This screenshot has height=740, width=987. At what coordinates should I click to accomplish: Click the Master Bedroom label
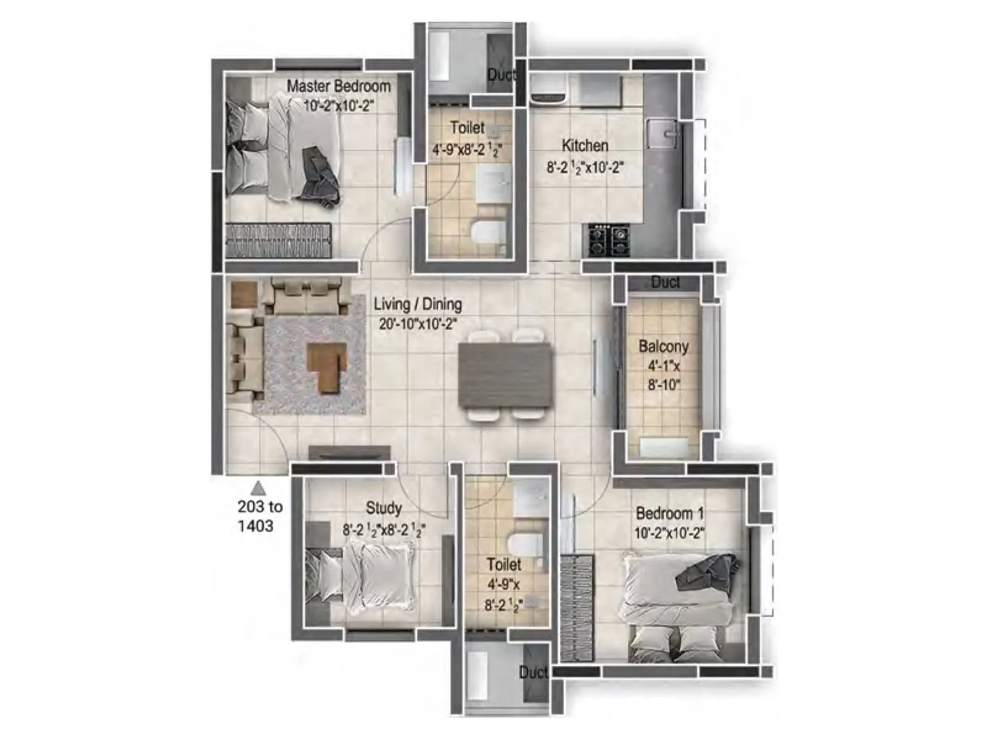(338, 86)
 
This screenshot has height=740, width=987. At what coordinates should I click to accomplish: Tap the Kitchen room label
(585, 146)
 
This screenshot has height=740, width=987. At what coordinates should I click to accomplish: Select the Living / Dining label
(418, 304)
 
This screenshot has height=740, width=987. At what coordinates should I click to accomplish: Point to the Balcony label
(663, 346)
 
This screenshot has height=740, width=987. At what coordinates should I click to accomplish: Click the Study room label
(384, 508)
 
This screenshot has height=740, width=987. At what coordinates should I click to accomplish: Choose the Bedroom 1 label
(669, 513)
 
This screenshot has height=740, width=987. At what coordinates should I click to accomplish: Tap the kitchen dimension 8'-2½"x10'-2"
(585, 166)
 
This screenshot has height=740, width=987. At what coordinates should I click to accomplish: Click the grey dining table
(504, 375)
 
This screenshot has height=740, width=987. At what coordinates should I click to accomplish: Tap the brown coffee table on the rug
(328, 367)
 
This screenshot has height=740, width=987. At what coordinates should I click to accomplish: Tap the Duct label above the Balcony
(665, 282)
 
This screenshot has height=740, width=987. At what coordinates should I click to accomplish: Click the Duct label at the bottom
(533, 672)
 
